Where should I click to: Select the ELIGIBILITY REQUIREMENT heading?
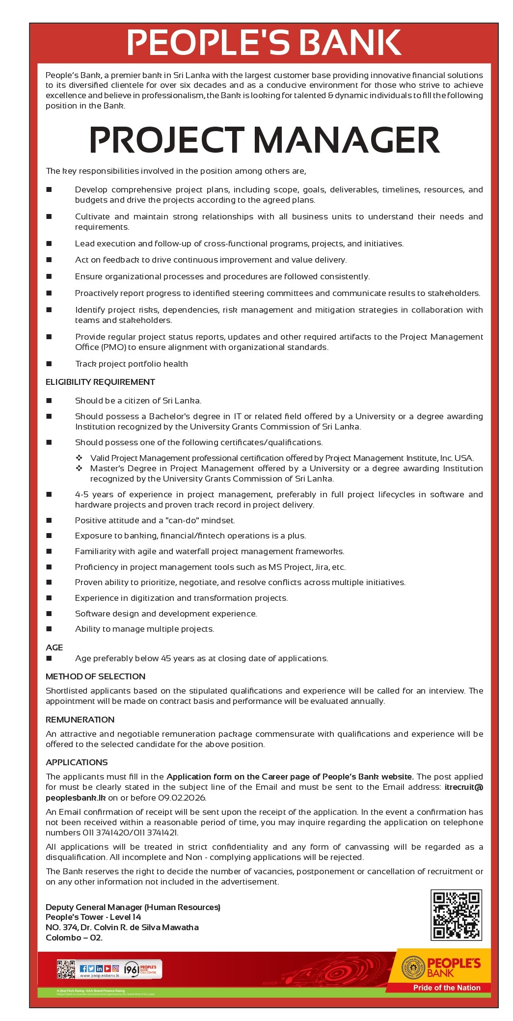coord(100,382)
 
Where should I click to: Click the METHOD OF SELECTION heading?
coord(95,676)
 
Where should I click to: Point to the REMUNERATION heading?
coord(80,720)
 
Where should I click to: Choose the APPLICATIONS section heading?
coord(77,762)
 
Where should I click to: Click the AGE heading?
coord(54,647)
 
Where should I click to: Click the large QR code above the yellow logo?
coord(456,915)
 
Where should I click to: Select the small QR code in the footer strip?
coord(65,969)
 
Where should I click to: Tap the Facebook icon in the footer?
coord(83,968)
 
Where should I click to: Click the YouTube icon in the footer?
coord(108,968)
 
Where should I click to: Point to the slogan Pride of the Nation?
coord(446,988)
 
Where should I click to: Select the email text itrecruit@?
coord(463,787)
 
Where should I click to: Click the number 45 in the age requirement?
coord(166,658)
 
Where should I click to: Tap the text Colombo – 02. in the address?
coord(74,938)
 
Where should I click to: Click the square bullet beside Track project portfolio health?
coord(49,364)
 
